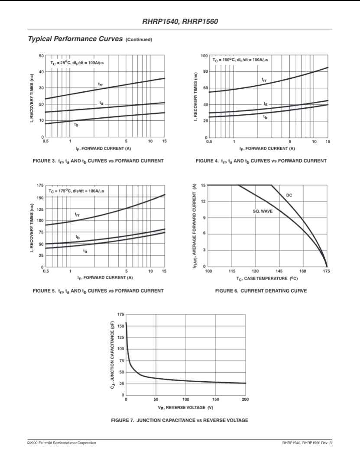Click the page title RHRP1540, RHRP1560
[x=180, y=20]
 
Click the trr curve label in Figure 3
[x=101, y=84]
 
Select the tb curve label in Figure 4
[x=266, y=117]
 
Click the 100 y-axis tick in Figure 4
[x=204, y=56]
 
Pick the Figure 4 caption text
[x=261, y=161]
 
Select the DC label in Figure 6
[x=289, y=195]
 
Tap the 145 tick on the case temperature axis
[x=279, y=271]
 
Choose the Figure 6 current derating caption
[x=261, y=291]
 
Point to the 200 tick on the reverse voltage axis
[x=245, y=399]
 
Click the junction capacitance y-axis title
[x=113, y=355]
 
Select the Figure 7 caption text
[x=180, y=420]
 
